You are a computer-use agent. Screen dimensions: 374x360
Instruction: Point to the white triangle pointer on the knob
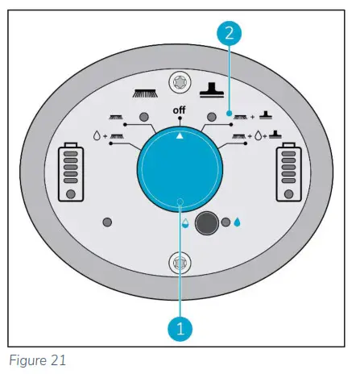click(179, 135)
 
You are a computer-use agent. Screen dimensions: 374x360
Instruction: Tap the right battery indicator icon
click(287, 172)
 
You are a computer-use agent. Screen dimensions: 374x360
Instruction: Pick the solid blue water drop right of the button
click(238, 222)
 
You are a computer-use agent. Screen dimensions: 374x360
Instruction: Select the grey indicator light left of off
click(144, 118)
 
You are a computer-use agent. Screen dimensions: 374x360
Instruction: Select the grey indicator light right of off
click(214, 118)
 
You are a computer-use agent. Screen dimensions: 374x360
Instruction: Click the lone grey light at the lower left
click(107, 222)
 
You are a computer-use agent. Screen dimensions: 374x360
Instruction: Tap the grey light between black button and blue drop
click(226, 222)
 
